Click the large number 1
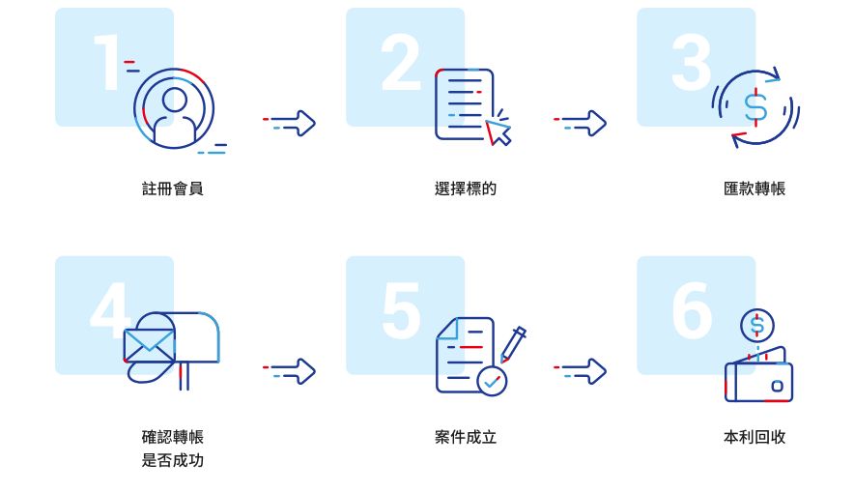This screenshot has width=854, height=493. [108, 62]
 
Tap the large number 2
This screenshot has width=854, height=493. [401, 62]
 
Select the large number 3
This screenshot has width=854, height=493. [692, 62]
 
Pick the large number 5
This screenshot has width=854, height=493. [402, 310]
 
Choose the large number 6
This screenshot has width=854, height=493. [693, 310]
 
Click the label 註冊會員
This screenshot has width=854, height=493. [173, 189]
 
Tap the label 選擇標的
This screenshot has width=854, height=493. [466, 189]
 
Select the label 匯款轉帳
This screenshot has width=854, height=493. [754, 189]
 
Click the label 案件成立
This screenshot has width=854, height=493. [466, 437]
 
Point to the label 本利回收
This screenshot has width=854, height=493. [754, 437]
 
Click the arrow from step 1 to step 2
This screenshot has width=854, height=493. [289, 123]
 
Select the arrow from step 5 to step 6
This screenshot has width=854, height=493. [580, 371]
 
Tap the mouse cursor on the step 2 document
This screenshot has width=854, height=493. [497, 132]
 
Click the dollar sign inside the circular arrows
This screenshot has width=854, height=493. [756, 106]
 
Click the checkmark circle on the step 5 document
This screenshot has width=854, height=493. [492, 381]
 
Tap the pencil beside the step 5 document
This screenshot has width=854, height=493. [513, 344]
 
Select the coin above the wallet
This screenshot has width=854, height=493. [757, 326]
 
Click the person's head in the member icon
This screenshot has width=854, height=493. [174, 101]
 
